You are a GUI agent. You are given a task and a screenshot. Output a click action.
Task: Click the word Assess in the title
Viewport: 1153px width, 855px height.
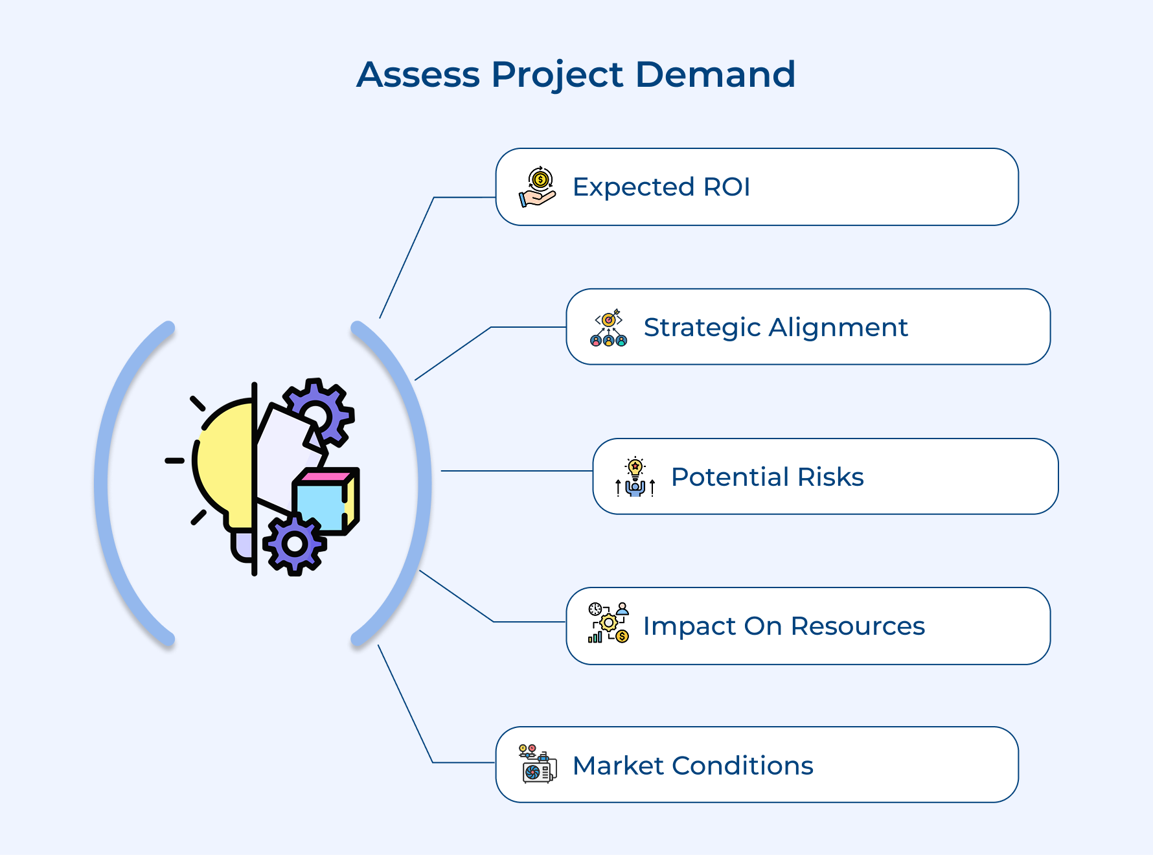[x=418, y=74]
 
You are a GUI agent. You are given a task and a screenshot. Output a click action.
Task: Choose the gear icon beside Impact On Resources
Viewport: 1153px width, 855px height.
[x=608, y=623]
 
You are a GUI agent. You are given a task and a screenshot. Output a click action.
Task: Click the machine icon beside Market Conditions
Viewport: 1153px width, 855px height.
[x=538, y=765]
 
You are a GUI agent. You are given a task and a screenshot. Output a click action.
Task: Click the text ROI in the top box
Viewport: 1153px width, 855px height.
[x=726, y=187]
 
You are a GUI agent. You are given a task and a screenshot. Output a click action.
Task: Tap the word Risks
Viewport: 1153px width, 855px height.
[x=830, y=477]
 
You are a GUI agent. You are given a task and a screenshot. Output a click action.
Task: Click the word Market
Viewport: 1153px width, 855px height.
[x=618, y=766]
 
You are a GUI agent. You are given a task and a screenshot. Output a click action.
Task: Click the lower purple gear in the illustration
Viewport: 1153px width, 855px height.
[x=295, y=544]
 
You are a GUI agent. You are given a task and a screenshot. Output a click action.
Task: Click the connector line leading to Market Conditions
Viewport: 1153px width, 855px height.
[x=405, y=703]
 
